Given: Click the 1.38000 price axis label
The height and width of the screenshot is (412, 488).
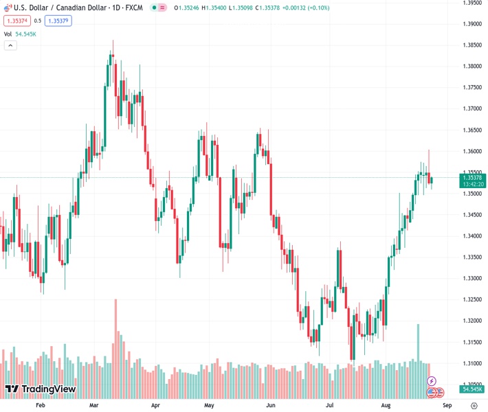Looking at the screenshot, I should (x=472, y=67).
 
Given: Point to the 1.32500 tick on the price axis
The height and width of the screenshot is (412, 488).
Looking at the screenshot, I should (x=472, y=299).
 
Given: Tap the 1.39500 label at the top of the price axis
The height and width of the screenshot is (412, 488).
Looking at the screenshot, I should (x=472, y=3).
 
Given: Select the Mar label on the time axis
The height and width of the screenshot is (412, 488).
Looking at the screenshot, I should (x=94, y=406).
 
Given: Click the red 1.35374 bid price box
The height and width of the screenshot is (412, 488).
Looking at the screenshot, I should (x=17, y=21).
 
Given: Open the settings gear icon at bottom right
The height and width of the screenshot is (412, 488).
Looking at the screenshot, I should (x=474, y=406).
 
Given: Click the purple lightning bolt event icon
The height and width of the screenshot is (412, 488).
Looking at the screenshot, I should (x=432, y=380).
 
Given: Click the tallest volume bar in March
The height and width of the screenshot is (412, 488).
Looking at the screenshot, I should (x=115, y=343).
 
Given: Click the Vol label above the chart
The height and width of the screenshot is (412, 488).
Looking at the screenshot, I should (x=8, y=34).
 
